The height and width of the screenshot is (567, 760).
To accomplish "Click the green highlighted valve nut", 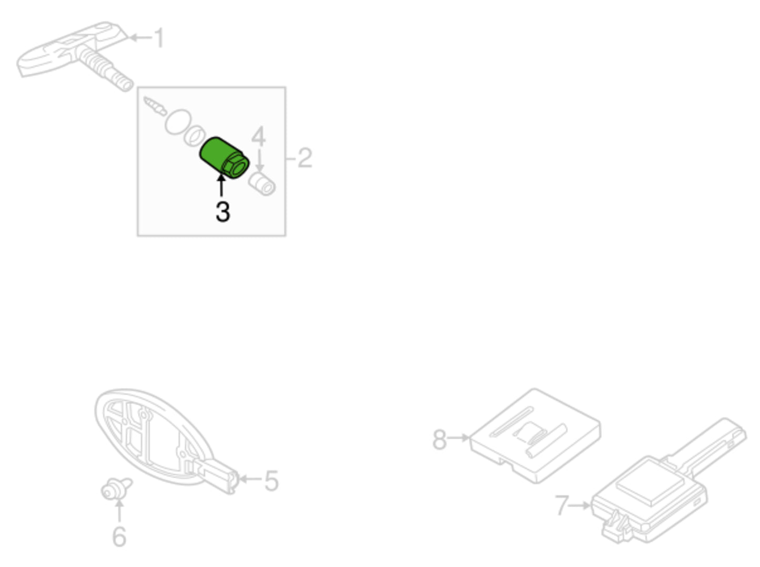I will [x=223, y=157].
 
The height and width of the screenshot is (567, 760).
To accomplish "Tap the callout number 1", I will [x=157, y=38].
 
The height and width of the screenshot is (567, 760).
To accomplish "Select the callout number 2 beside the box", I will [x=305, y=158].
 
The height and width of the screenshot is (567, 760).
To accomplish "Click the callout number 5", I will [x=271, y=480].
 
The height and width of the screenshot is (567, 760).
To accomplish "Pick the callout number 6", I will [x=119, y=536].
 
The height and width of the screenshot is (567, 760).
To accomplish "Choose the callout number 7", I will [x=562, y=506].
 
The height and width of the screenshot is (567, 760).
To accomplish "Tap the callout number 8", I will [x=439, y=439].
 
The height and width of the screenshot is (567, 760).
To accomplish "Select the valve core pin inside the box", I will [x=155, y=106].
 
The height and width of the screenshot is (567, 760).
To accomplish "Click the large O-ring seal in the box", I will [x=176, y=122].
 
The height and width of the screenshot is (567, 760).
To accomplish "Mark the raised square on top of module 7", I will [x=650, y=480].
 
